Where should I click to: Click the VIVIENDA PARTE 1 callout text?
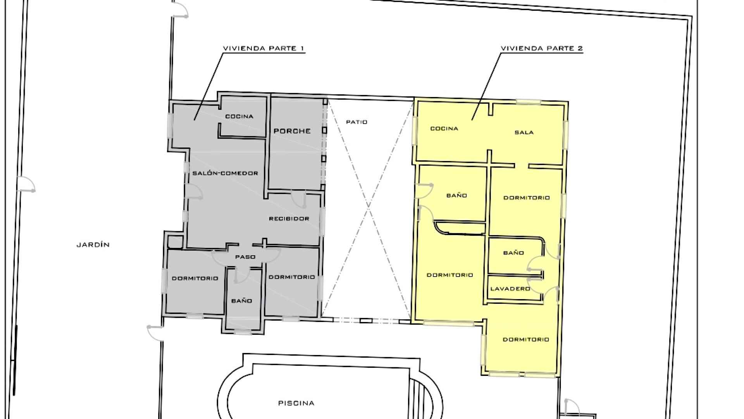tap(263, 48)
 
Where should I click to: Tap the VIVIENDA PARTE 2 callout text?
tap(542, 48)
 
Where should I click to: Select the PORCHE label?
tap(292, 131)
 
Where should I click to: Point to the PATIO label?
tap(356, 122)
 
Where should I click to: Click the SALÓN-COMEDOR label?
tap(225, 173)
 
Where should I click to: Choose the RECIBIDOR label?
tap(289, 219)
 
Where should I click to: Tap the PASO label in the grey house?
tap(245, 257)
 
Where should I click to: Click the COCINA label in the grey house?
tap(239, 116)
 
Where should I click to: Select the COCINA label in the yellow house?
tap(444, 128)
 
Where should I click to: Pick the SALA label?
tap(524, 132)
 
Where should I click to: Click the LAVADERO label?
tap(510, 289)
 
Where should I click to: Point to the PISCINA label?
tap(296, 403)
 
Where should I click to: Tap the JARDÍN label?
tap(93, 245)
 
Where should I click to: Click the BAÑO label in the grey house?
tap(241, 301)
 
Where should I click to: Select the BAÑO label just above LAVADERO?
tap(513, 253)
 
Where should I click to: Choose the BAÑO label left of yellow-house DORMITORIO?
tap(456, 196)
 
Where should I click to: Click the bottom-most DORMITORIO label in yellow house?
tap(526, 339)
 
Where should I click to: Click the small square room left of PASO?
tap(175, 242)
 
